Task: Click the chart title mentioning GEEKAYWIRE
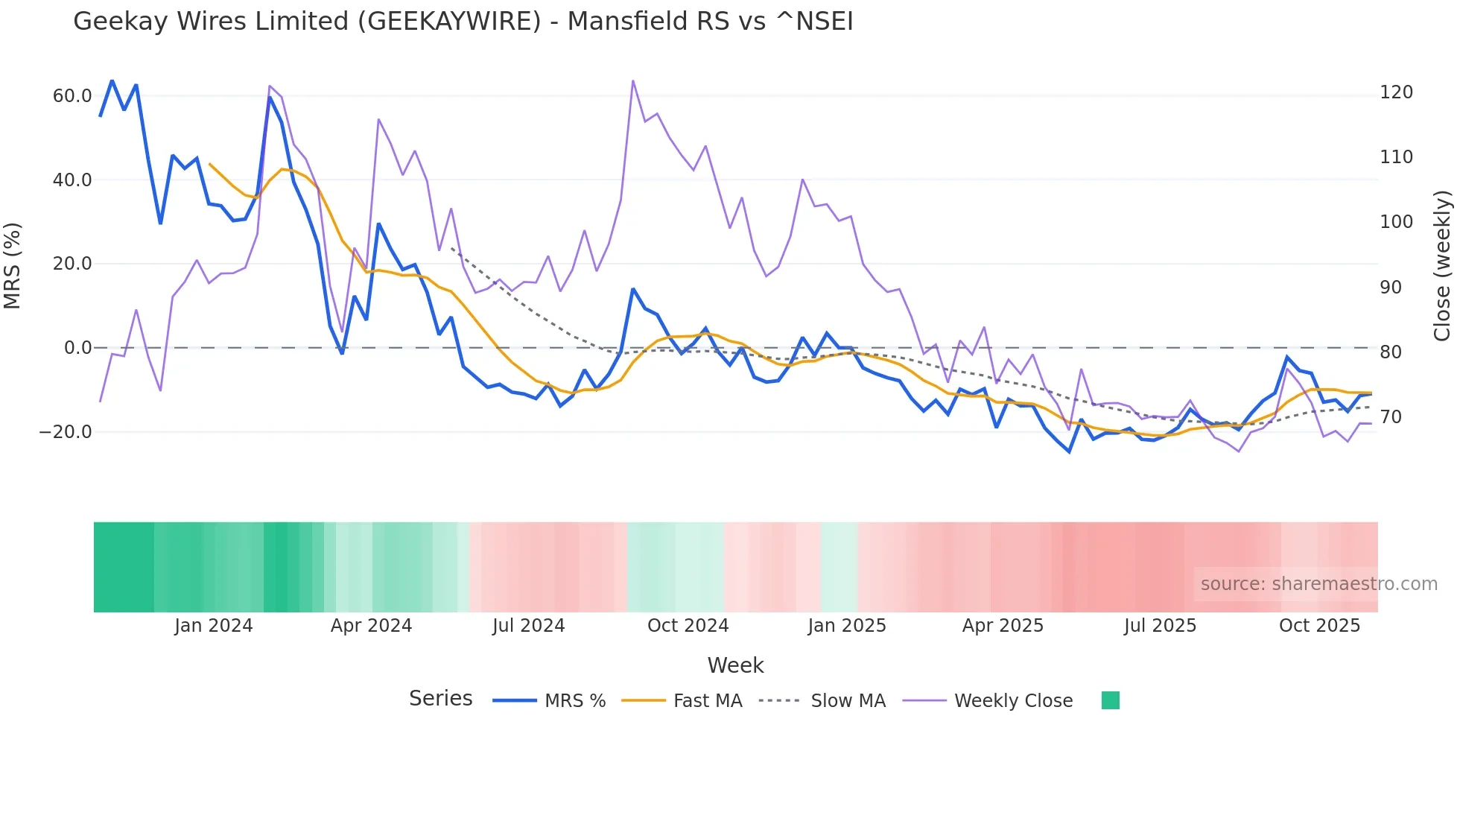click(x=463, y=22)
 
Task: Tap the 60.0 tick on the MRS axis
click(x=72, y=96)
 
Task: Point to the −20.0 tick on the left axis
click(x=66, y=432)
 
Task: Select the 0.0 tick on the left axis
click(x=77, y=348)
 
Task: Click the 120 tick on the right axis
click(x=1396, y=92)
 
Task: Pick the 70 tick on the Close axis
click(x=1391, y=417)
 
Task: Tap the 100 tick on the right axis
click(x=1396, y=222)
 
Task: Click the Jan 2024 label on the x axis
click(x=214, y=626)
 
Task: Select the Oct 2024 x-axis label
click(x=688, y=626)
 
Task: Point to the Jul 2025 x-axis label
click(x=1160, y=626)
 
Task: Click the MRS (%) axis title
click(x=13, y=265)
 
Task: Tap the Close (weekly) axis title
click(x=1443, y=266)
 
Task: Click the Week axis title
click(x=735, y=665)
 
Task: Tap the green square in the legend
click(x=1110, y=700)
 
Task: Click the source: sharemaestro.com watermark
click(x=1318, y=584)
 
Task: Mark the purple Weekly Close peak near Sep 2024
click(x=633, y=80)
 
